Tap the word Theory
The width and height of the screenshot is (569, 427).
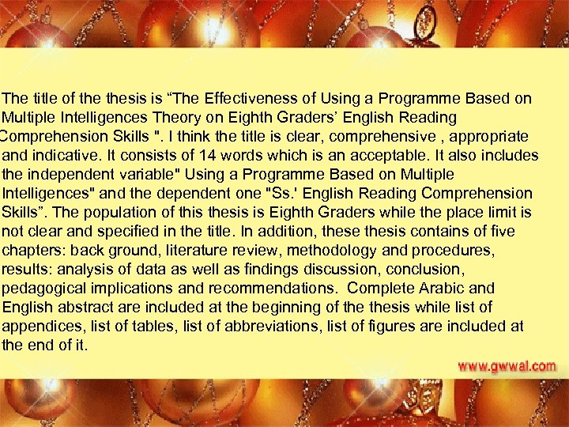[x=228, y=118]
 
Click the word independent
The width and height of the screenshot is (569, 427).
[x=62, y=174]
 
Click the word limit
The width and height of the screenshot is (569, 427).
[x=506, y=212]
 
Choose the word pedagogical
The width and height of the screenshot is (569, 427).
[x=42, y=288]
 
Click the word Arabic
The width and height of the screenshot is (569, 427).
[x=445, y=288]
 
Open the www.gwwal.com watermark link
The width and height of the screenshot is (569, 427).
[x=507, y=367]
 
